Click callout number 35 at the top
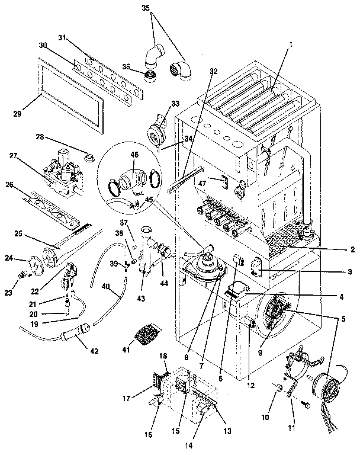[x=146, y=9]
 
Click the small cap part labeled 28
[x=91, y=158]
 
